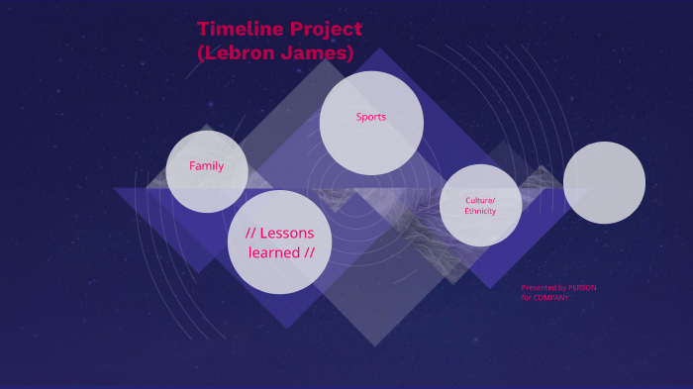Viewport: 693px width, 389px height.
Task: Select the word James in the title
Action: click(316, 53)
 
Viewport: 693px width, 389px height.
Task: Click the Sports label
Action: click(371, 117)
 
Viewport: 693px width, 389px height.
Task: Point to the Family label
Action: click(207, 166)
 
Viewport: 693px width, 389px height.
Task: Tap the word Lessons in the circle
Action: click(287, 234)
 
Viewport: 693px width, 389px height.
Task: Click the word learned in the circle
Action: click(275, 252)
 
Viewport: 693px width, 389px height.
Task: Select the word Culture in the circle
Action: click(478, 200)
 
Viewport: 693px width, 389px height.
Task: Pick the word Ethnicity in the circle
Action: click(480, 211)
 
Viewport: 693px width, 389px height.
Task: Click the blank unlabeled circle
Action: click(604, 182)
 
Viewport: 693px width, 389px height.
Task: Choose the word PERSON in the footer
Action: click(582, 288)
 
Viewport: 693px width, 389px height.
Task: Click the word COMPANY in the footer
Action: click(552, 298)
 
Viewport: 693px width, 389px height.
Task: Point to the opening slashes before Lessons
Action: click(250, 234)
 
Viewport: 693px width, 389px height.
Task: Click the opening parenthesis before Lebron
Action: click(201, 53)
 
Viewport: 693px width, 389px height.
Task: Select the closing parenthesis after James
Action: click(349, 53)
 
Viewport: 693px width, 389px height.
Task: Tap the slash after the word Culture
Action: click(493, 200)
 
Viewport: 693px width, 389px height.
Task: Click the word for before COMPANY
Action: click(527, 298)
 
